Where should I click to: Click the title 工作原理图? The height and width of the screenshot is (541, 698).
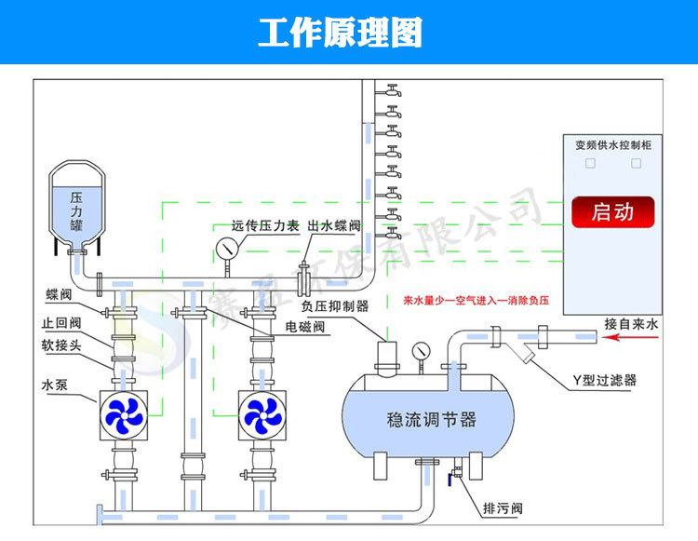(x=340, y=33)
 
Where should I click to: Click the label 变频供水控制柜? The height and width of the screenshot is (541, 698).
(x=611, y=144)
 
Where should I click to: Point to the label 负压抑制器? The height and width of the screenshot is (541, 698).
(x=335, y=305)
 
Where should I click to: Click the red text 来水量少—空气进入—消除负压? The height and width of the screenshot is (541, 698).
(x=477, y=302)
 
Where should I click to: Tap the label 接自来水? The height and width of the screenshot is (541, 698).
(x=630, y=325)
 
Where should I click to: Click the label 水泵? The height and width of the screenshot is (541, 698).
(x=53, y=384)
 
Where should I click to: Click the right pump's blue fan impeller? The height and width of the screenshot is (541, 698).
(x=262, y=413)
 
